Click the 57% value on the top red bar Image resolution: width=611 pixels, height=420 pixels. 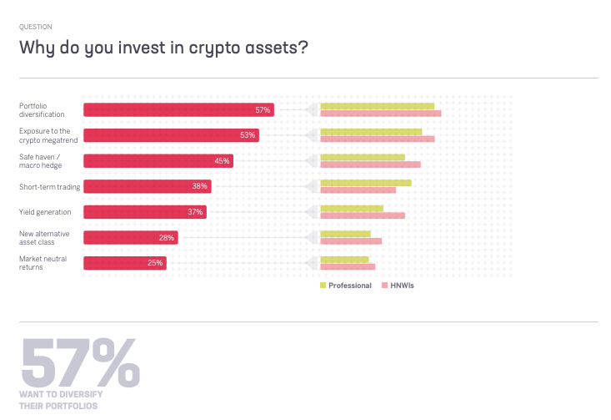tap(263, 110)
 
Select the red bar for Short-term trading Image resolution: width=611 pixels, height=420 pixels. tap(148, 186)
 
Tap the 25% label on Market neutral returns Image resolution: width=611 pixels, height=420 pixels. tap(155, 263)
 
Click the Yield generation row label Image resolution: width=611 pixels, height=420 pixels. tap(46, 211)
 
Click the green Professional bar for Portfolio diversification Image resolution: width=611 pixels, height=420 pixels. tap(377, 106)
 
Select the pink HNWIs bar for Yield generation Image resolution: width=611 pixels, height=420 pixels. tap(363, 215)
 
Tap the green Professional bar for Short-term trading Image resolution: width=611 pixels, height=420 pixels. tap(365, 183)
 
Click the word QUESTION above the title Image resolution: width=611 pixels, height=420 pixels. tap(35, 26)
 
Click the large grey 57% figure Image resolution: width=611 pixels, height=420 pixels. tap(80, 361)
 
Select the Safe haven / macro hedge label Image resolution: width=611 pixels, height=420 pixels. tap(42, 160)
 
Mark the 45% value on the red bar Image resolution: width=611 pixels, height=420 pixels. tap(222, 161)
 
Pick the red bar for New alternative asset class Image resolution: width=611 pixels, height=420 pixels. tap(131, 237)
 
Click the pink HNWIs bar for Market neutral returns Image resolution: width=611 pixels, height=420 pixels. tap(348, 267)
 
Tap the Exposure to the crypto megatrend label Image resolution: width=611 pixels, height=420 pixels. tap(46, 135)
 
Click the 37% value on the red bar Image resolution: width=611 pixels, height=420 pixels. tap(195, 212)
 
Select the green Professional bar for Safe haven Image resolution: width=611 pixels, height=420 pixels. tap(362, 157)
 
